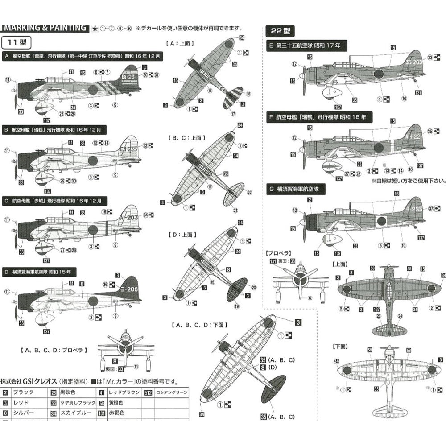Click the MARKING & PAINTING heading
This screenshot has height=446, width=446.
[45, 28]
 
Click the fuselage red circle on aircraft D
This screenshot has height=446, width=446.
[93, 301]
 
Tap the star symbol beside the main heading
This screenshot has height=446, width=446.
[95, 28]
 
